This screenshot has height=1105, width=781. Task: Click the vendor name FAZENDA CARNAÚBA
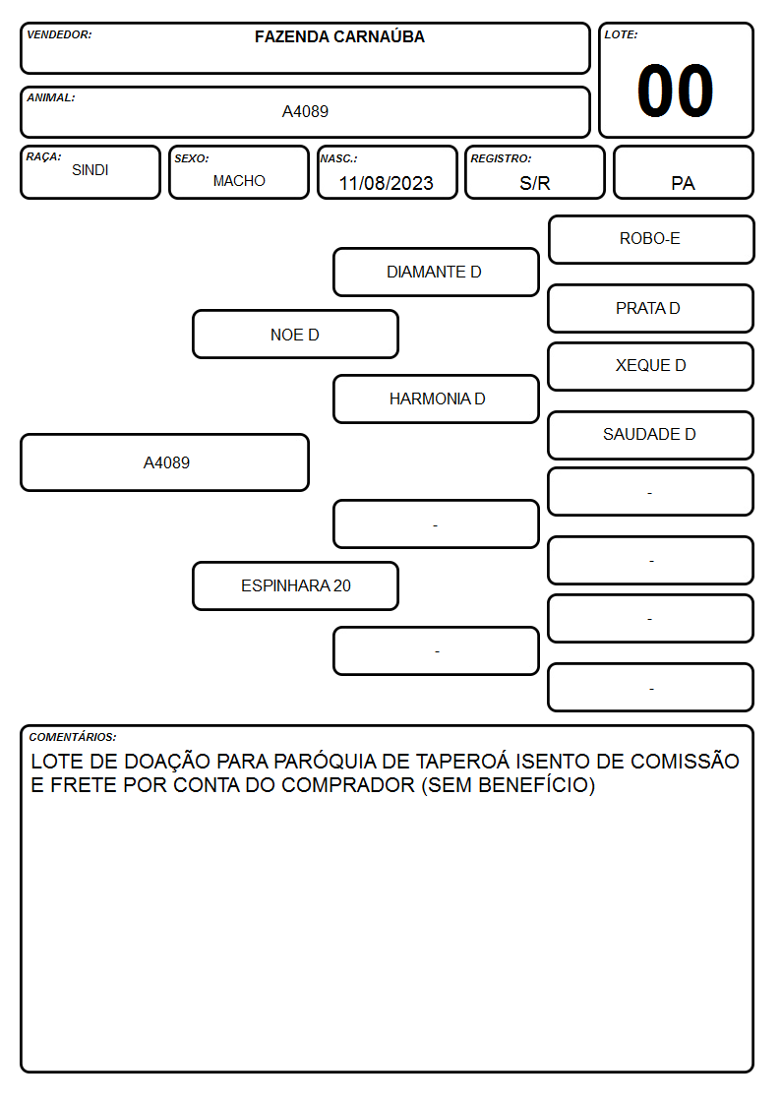[339, 36]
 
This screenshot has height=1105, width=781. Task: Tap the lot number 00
[676, 91]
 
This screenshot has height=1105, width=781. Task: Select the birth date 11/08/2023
[386, 183]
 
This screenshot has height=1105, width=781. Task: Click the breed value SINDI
[90, 170]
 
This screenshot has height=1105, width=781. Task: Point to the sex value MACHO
[239, 181]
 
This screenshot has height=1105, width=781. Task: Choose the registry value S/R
[534, 183]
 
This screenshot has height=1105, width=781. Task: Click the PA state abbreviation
[683, 183]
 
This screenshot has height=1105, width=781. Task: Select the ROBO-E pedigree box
[651, 240]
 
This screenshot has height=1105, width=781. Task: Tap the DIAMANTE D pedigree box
[436, 272]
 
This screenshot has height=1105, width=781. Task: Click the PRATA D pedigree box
[651, 309]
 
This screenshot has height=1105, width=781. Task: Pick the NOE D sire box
[296, 334]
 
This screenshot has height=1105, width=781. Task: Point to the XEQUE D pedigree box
[651, 366]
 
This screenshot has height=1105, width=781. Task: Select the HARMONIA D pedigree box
[436, 399]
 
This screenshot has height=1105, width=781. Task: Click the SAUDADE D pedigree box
[651, 436]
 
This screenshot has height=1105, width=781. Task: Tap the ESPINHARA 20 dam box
[296, 585]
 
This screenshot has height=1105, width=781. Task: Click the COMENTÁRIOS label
[73, 737]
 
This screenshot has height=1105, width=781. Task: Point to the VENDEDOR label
[59, 34]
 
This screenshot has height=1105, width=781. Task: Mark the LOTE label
[621, 34]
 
